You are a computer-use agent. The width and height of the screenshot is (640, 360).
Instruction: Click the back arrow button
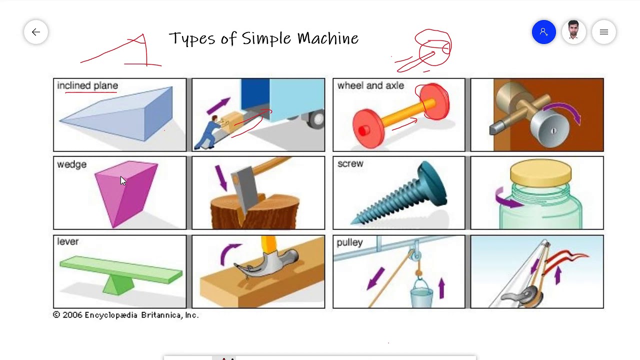(x=36, y=32)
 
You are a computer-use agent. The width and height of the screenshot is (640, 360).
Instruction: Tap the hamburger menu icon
(x=603, y=32)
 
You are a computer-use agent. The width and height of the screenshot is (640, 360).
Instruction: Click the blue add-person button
(x=544, y=32)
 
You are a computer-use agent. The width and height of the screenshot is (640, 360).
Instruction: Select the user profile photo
(x=573, y=32)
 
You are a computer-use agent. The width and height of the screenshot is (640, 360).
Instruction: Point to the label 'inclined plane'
(x=87, y=86)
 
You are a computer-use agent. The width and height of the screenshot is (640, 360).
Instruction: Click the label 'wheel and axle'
(x=370, y=86)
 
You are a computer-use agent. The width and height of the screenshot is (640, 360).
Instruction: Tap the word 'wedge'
(x=71, y=164)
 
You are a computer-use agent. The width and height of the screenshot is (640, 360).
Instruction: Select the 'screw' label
(x=350, y=164)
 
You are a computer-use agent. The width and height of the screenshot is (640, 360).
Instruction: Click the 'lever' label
(x=67, y=242)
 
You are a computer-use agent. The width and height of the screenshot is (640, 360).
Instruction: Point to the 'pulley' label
(x=349, y=242)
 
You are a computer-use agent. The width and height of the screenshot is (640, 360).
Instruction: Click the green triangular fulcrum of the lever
(x=118, y=284)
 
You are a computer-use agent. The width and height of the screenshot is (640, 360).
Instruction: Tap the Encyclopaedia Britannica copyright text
(x=125, y=315)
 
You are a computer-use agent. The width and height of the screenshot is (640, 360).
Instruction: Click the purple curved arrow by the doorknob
(x=565, y=110)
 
